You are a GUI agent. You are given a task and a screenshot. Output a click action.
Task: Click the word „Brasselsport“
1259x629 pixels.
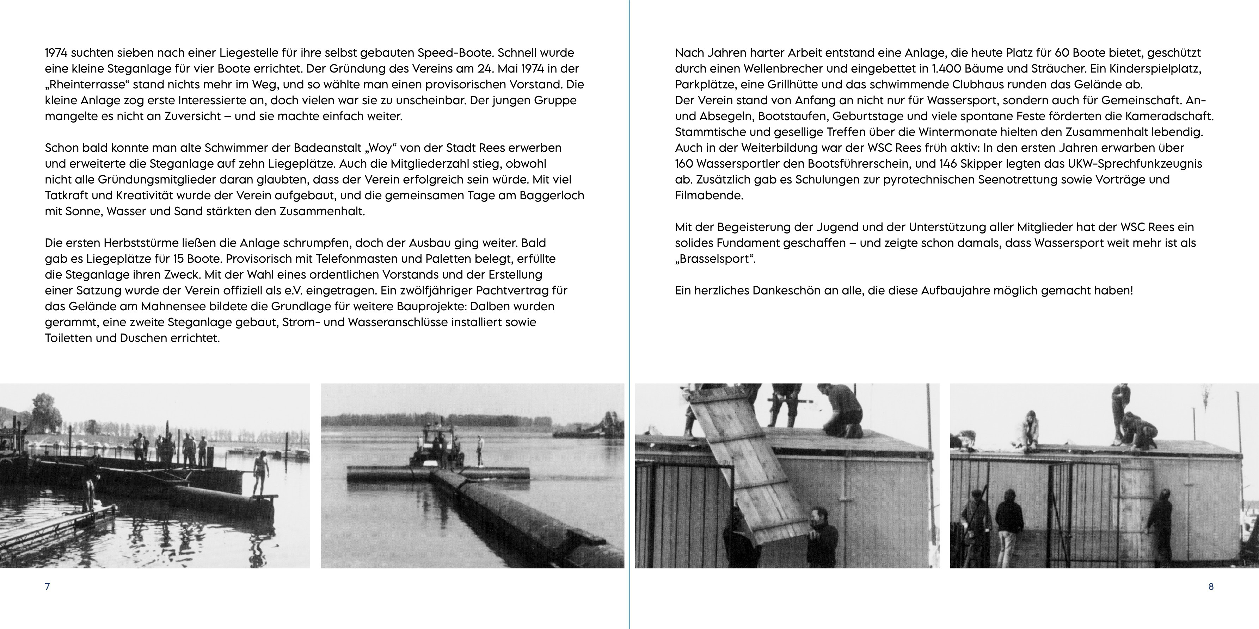point(715,259)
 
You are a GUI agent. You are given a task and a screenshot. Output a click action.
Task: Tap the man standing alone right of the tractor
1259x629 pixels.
point(480,450)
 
